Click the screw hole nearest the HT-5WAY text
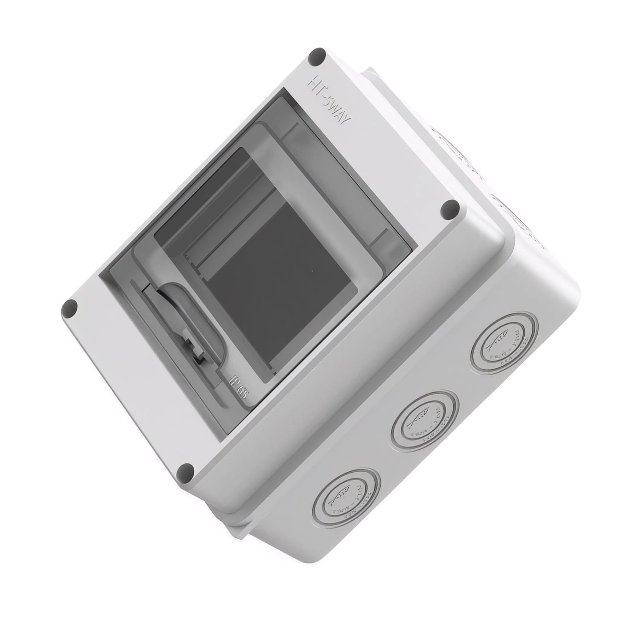pos(317,57)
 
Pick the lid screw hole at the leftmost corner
pos(69,310)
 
